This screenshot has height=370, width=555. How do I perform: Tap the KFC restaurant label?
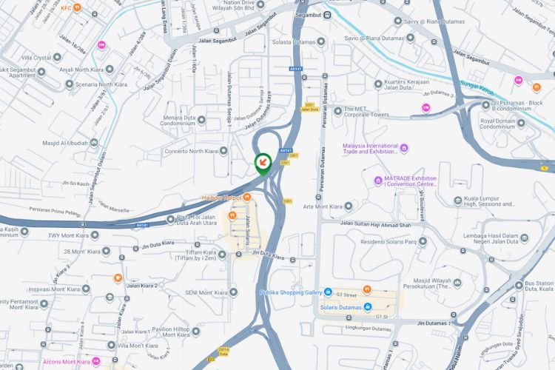point(66,8)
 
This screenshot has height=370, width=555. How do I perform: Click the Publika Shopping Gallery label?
point(292,292)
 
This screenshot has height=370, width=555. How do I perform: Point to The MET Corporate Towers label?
point(366,112)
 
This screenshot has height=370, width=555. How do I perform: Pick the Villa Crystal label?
point(41,57)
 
